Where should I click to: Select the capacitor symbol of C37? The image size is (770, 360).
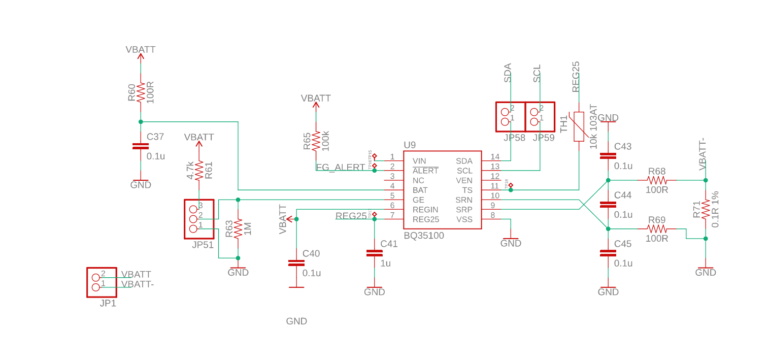coord(141,146)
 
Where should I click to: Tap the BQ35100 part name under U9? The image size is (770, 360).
coord(424,236)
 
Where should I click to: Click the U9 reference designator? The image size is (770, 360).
coord(410,145)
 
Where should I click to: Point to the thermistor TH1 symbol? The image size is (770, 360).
coord(579,126)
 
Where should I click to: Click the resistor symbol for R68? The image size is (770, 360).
coord(656,180)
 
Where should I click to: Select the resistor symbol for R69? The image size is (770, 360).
coord(656,229)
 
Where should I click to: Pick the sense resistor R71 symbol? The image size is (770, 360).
coord(705,209)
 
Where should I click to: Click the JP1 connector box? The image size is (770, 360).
coord(102,282)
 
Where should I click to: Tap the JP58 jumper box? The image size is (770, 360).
coord(511,117)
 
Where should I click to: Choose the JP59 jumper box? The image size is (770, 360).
coord(540,117)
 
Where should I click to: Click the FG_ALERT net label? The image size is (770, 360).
coord(340,167)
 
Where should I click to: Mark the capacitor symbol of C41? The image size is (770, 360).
coord(374,253)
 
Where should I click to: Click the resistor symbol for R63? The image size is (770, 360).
coord(238,229)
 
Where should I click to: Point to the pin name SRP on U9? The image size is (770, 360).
coord(464,210)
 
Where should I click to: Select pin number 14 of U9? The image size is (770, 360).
coord(495,157)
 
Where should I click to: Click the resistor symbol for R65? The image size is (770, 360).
coord(316,141)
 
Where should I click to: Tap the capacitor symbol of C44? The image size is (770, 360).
coord(608,205)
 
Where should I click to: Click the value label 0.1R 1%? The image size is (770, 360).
coord(715,209)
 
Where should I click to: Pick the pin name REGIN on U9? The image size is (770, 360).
coord(425,210)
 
